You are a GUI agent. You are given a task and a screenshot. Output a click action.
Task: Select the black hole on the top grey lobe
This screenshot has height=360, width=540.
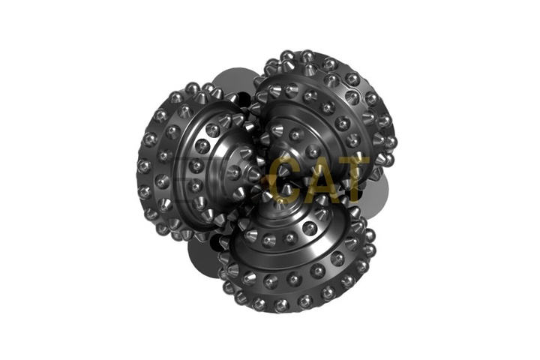pyautogui.click(x=233, y=97)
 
